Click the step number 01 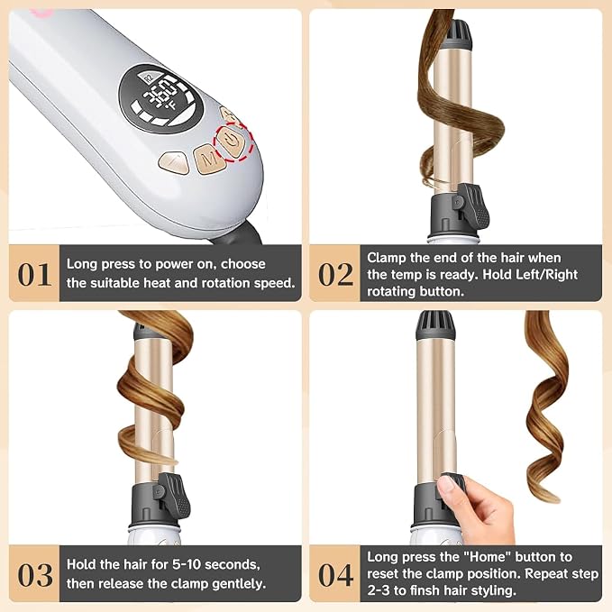pos(34,274)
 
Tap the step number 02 pos(335,274)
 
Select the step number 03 pos(35,575)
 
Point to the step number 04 pos(335,575)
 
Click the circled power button pos(232,142)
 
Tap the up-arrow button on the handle pos(174,162)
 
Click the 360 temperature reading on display pos(160,95)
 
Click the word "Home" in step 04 pos(488,557)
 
